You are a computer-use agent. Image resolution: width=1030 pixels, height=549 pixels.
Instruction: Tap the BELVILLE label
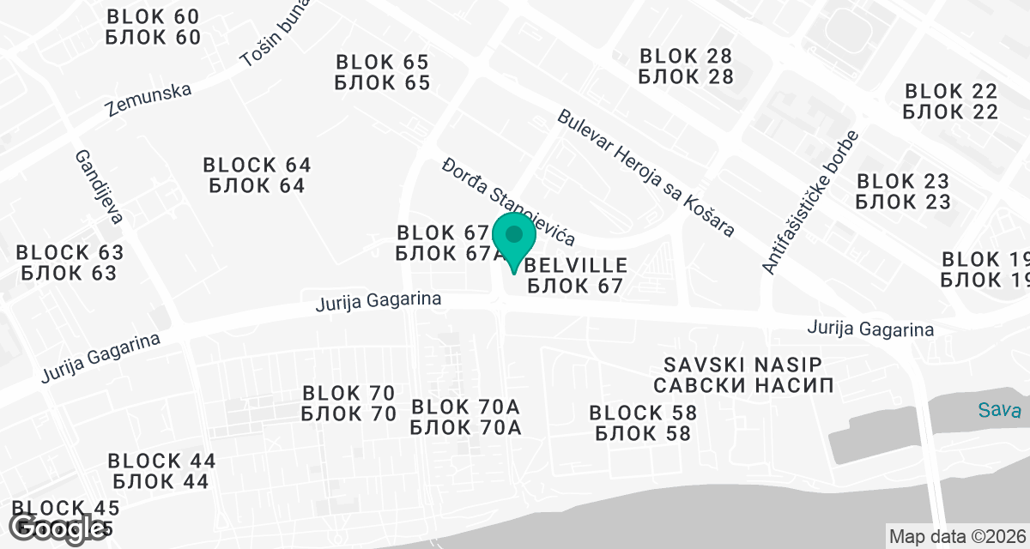575,265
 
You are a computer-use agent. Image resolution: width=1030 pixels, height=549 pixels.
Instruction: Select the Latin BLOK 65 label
382,63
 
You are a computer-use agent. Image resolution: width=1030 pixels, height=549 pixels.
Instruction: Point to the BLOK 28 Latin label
686,57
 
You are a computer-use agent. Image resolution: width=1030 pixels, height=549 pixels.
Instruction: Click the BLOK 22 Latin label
951,91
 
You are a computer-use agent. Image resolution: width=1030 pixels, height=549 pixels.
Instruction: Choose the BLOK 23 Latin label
903,182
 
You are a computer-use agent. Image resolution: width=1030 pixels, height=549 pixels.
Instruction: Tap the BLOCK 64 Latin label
257,165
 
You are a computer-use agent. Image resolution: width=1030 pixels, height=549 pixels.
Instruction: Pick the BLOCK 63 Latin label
70,253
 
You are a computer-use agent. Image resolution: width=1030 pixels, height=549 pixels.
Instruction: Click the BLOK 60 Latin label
153,17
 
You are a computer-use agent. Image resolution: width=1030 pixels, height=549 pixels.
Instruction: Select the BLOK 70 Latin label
348,394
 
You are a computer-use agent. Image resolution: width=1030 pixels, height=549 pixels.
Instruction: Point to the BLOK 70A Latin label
466,407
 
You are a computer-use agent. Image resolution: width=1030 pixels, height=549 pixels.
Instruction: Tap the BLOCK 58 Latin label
643,413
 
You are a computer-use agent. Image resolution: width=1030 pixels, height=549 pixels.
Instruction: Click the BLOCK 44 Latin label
161,462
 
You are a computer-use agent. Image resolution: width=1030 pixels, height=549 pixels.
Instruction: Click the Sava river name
999,410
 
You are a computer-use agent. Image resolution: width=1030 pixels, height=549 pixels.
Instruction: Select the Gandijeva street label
99,186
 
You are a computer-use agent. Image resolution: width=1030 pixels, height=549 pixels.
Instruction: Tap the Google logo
58,528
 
